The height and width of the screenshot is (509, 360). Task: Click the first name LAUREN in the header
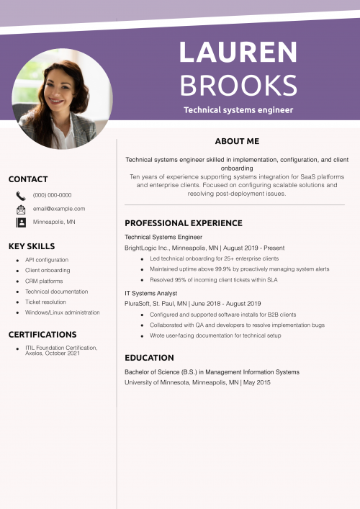(238, 53)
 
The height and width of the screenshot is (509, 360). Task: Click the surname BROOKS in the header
(238, 85)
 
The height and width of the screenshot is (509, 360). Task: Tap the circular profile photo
(63, 99)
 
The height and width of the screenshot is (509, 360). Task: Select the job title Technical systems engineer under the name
(238, 110)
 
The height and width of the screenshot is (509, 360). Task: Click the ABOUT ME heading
(237, 141)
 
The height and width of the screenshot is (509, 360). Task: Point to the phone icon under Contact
(21, 195)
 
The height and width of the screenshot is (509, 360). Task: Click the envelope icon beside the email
(21, 209)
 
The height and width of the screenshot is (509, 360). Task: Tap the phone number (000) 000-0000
(52, 195)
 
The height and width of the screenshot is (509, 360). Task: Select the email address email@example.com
(59, 209)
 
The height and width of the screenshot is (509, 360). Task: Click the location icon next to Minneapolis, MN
(21, 222)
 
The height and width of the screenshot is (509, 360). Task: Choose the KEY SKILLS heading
(31, 246)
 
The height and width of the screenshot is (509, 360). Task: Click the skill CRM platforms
(44, 281)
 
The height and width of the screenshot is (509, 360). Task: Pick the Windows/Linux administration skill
(62, 312)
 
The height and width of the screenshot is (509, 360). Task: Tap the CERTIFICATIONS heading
(42, 335)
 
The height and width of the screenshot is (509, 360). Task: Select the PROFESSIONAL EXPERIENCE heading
(183, 223)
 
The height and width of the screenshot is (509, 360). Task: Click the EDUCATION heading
(149, 358)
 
